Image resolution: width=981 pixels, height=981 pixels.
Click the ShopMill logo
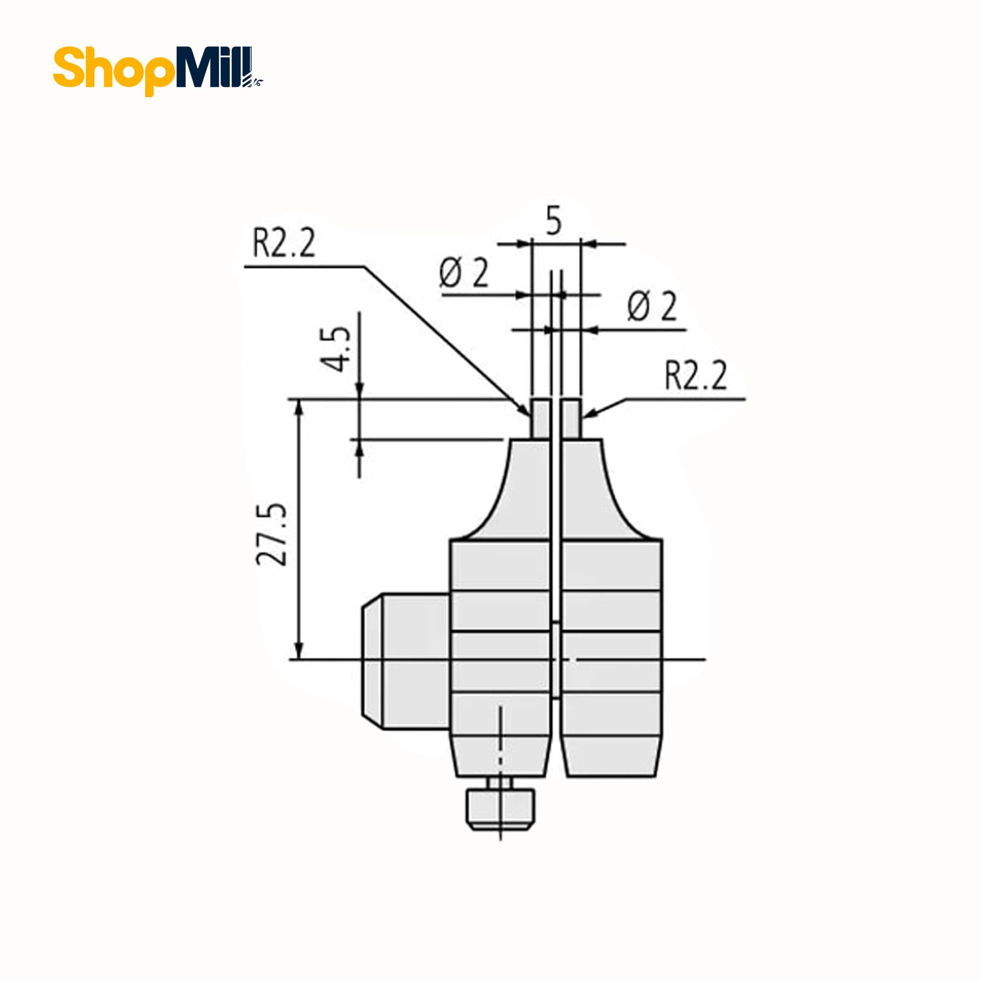pos(158,71)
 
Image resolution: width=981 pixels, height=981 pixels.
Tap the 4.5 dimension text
pos(335,349)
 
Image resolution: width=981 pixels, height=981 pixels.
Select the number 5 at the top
pos(553,221)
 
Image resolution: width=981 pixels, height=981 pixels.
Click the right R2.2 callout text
pos(696,376)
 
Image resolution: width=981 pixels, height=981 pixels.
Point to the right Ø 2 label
pos(652,307)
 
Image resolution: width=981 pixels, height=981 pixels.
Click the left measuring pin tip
pos(541,418)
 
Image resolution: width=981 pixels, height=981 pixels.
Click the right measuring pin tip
pos(571,418)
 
